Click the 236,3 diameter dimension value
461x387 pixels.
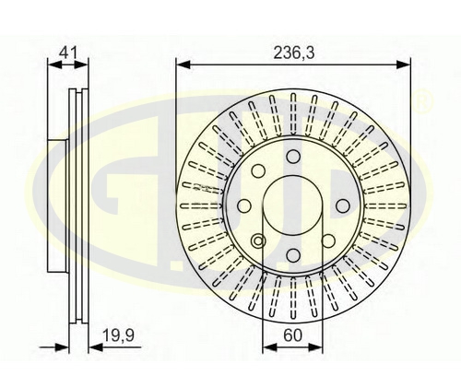(294, 53)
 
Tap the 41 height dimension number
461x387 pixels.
(69, 53)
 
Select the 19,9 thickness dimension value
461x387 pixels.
(118, 335)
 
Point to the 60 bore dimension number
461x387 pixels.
(292, 335)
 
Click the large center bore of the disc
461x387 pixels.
(293, 206)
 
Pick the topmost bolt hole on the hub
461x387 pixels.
(293, 157)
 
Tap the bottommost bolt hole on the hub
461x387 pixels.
(293, 254)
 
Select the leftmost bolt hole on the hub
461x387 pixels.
(245, 205)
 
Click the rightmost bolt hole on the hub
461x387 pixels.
(342, 205)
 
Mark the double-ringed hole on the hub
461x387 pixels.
(258, 240)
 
